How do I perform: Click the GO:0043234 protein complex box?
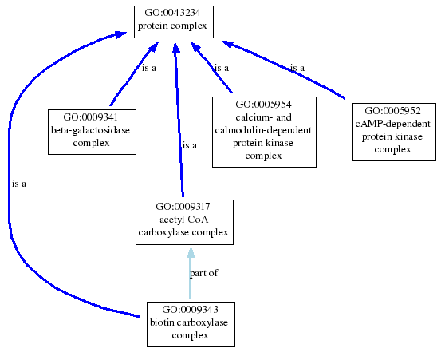point(174,22)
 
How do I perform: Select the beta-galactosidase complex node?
point(92,132)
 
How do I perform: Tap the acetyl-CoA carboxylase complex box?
point(184,222)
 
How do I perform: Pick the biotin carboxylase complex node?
point(191,324)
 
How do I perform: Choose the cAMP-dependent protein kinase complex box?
point(394,132)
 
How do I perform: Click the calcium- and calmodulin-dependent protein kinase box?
point(264,132)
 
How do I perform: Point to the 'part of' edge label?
point(203,273)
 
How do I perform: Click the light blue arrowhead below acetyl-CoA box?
point(191,252)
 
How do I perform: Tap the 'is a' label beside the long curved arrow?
point(19,184)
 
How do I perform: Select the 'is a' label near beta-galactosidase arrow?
point(149,68)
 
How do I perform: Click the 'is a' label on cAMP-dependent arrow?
point(297,68)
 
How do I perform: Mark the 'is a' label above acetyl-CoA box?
point(190,145)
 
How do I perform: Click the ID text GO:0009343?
point(190,310)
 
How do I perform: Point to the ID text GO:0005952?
point(393,111)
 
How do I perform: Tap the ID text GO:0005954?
point(263,105)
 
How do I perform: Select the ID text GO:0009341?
point(91,117)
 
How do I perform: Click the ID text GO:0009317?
point(183,207)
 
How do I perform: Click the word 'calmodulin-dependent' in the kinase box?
point(263,130)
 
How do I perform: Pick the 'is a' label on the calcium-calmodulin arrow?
point(222,68)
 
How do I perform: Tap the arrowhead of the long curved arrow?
point(120,34)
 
